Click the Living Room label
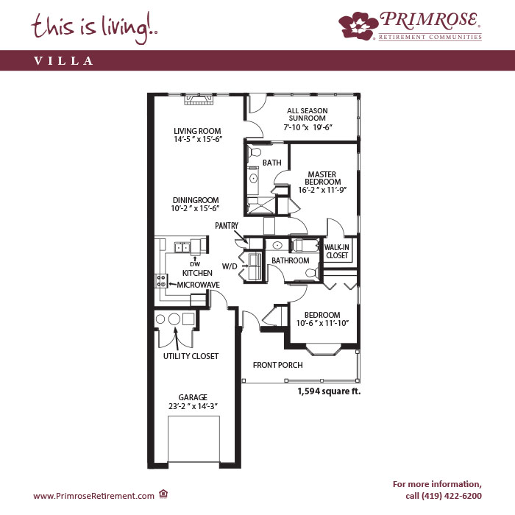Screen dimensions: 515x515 click(197, 131)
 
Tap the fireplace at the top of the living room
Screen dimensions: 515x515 click(199, 99)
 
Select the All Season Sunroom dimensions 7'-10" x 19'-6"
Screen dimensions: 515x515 click(308, 127)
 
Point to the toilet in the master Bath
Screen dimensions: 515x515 click(254, 152)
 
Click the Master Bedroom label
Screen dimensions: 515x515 click(322, 178)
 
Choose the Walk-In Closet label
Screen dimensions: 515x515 click(337, 252)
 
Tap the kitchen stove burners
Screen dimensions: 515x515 click(161, 281)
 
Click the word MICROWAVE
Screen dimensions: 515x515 click(199, 285)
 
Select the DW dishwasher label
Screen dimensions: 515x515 click(195, 264)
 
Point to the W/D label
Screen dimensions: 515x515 click(230, 266)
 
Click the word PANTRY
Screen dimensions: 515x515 click(227, 226)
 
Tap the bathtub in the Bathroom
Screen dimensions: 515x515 click(305, 245)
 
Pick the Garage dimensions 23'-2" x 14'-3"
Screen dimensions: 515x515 click(193, 406)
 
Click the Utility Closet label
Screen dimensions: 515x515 click(191, 356)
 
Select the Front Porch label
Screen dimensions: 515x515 click(278, 365)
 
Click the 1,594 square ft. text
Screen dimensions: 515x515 click(329, 391)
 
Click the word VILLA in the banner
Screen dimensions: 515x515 click(64, 61)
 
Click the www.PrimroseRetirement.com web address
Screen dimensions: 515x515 click(93, 496)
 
